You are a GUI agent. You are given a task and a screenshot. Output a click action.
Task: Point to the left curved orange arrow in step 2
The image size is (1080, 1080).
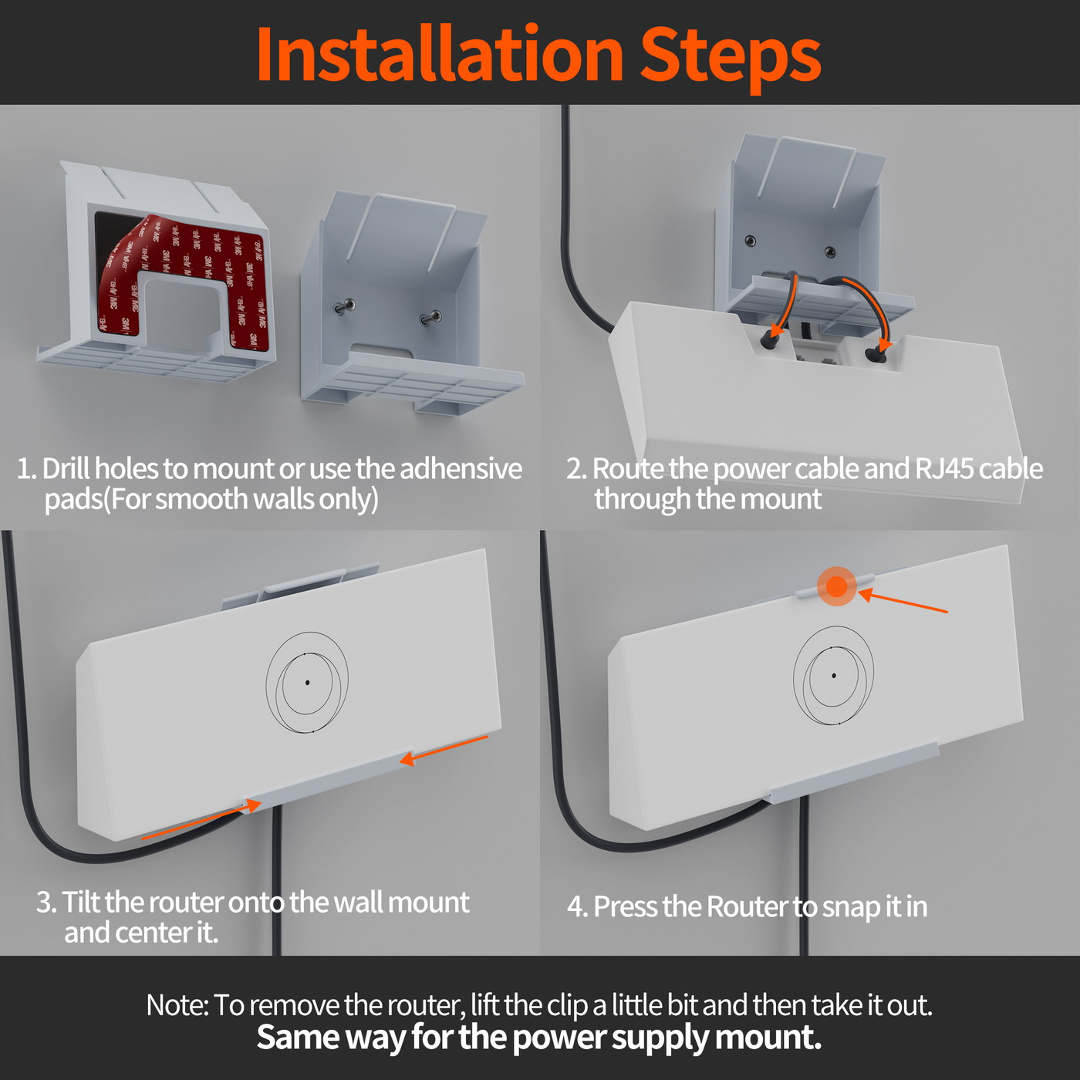(785, 305)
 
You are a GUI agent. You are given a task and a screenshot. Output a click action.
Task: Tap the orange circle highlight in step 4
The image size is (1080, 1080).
(837, 586)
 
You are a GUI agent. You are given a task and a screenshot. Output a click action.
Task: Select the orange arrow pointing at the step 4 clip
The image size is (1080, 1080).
(903, 602)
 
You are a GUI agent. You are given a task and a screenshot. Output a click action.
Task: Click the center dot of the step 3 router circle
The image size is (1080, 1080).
(308, 683)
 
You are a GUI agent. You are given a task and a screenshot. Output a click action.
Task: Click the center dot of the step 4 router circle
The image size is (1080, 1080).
(834, 676)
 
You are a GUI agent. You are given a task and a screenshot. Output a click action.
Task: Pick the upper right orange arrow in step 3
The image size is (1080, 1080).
(444, 750)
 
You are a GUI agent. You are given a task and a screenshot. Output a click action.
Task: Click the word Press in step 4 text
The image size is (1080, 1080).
(626, 906)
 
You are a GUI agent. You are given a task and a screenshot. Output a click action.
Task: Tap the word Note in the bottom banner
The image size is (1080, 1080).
(176, 1005)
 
